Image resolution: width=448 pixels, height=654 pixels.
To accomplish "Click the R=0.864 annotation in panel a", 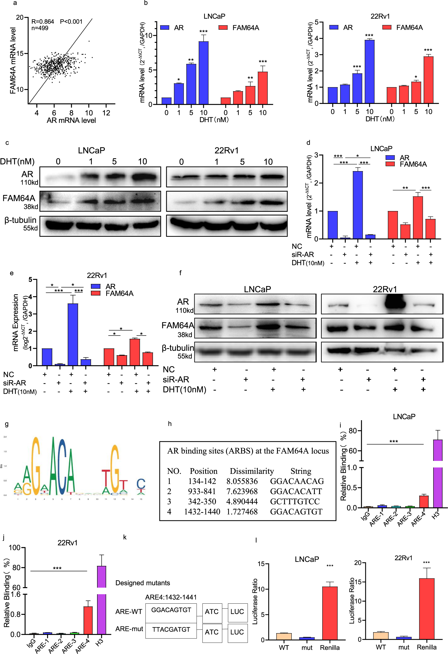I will click(x=43, y=22).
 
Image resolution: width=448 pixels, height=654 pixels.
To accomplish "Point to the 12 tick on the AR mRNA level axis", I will click(x=106, y=113).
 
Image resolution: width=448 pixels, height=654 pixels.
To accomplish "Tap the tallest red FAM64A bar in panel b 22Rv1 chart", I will click(x=428, y=80).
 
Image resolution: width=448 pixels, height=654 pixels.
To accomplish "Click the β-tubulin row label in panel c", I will click(x=20, y=220).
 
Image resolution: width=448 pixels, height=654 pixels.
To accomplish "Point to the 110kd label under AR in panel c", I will click(x=29, y=182).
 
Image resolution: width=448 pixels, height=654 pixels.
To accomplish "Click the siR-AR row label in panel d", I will click(x=303, y=254).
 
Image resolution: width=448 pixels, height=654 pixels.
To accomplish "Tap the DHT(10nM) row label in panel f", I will click(x=184, y=389).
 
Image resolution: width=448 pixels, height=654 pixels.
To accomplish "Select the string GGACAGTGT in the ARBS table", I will click(x=296, y=511).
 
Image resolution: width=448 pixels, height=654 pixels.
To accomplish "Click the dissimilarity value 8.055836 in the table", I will click(x=242, y=481).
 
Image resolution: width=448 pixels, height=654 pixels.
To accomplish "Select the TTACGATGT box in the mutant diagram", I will click(x=171, y=629).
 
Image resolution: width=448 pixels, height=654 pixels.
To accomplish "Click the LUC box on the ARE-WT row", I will click(x=237, y=611).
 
